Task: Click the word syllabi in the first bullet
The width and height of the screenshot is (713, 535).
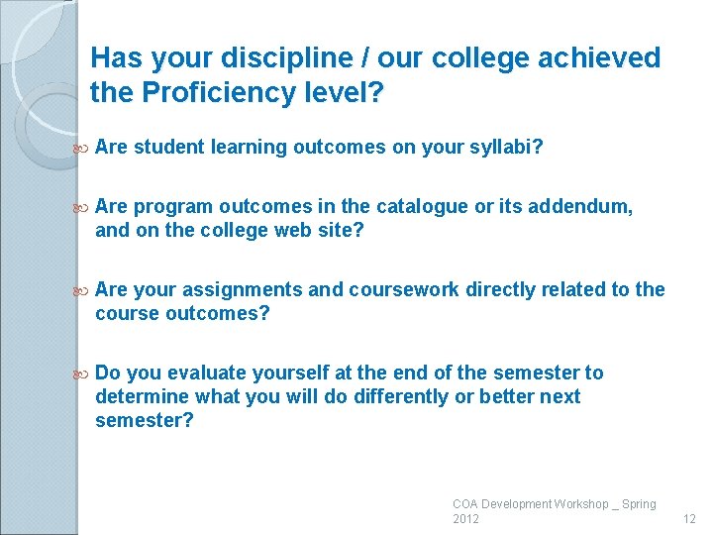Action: tap(504, 148)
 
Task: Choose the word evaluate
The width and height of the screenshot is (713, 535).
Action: tap(209, 374)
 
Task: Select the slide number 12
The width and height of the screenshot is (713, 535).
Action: tap(689, 519)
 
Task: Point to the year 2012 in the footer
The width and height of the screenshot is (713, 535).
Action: tap(465, 519)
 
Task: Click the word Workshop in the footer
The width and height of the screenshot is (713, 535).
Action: tap(581, 504)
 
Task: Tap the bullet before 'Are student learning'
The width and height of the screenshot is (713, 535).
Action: tap(82, 148)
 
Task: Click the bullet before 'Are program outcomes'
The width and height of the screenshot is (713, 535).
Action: tap(82, 207)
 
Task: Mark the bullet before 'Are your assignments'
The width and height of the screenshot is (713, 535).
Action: tap(82, 290)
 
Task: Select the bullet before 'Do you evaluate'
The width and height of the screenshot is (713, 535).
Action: tap(82, 374)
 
